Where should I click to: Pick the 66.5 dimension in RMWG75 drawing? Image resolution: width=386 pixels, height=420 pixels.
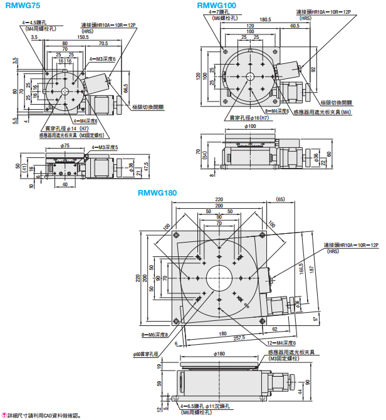click(126, 88)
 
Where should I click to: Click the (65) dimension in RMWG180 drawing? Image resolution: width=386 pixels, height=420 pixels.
click(279, 199)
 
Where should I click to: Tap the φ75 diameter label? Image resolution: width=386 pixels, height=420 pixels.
click(65, 146)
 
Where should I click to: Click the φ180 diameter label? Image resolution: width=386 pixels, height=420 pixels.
click(219, 354)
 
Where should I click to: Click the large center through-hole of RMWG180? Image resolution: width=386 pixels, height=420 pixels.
click(219, 277)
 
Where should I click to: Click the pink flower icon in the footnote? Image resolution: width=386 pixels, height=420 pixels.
click(4, 415)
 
